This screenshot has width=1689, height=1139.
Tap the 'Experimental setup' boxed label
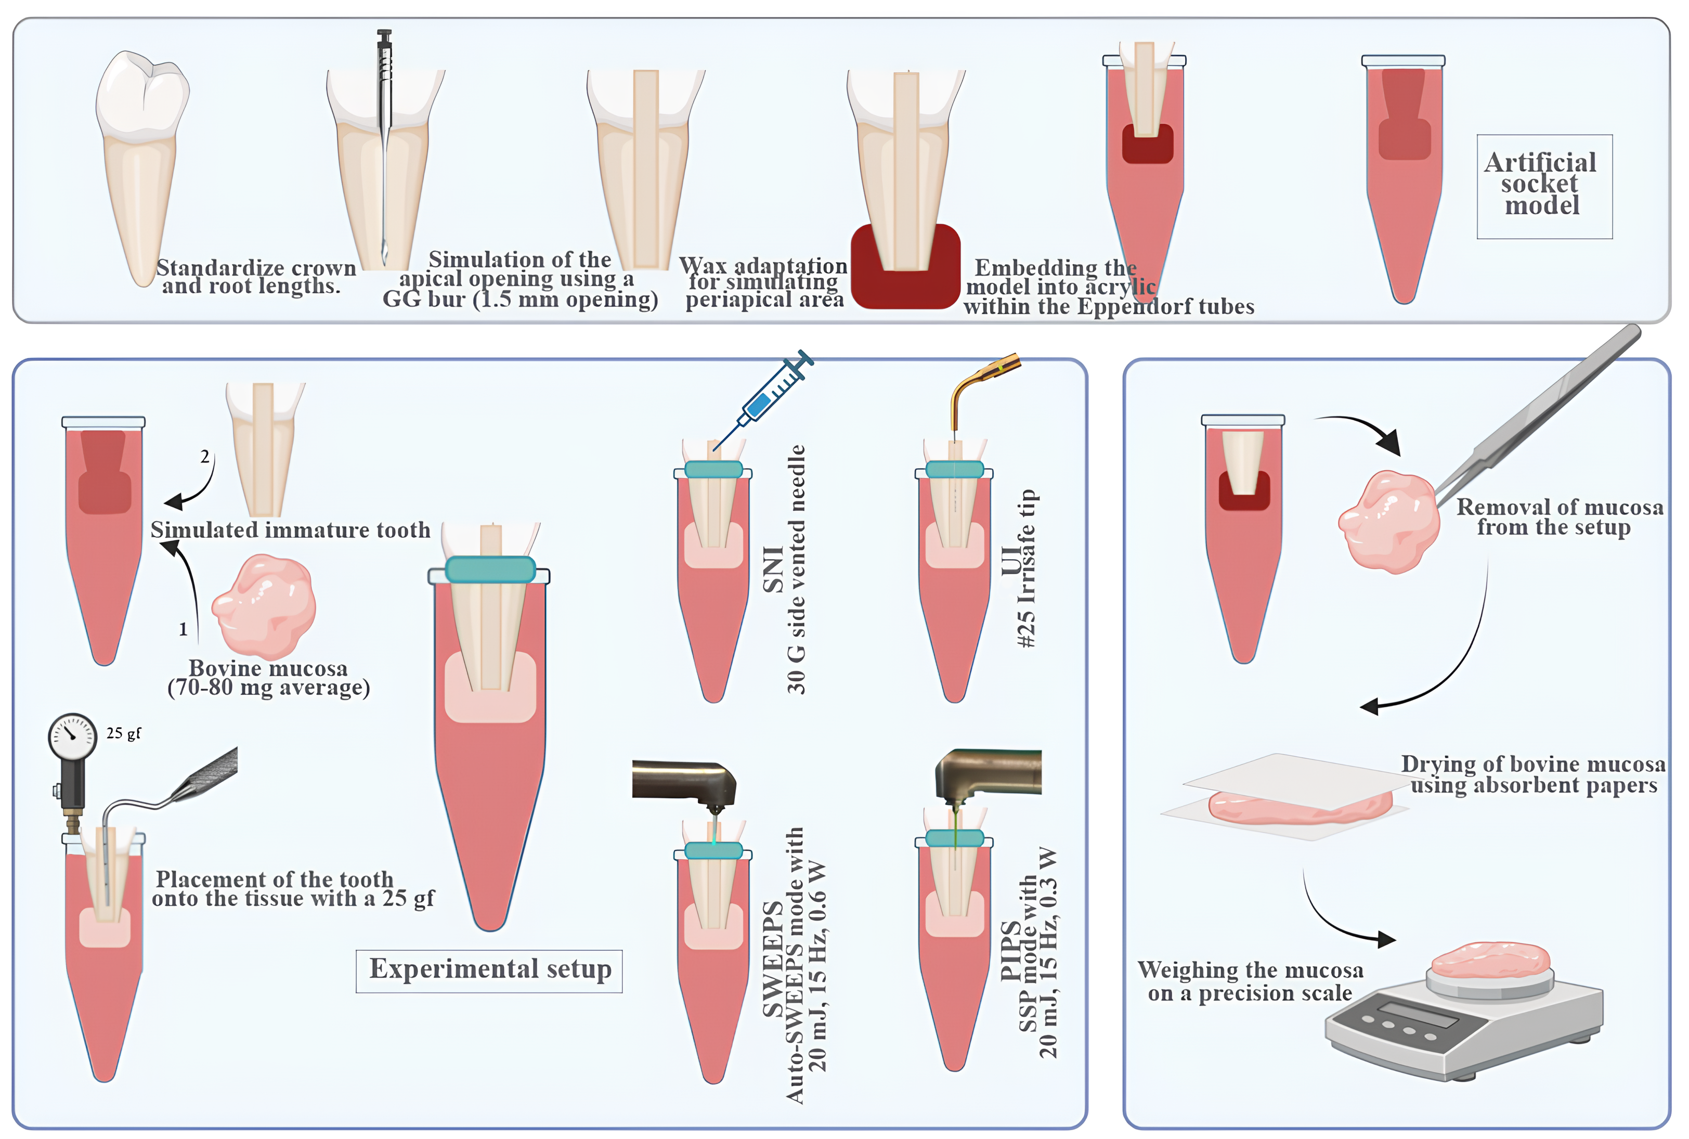(489, 970)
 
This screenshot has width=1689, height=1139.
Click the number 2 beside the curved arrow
(205, 456)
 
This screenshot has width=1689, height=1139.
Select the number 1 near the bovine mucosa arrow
(183, 629)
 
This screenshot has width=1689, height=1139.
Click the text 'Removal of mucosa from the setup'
(1558, 516)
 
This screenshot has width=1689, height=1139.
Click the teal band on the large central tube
(490, 569)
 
